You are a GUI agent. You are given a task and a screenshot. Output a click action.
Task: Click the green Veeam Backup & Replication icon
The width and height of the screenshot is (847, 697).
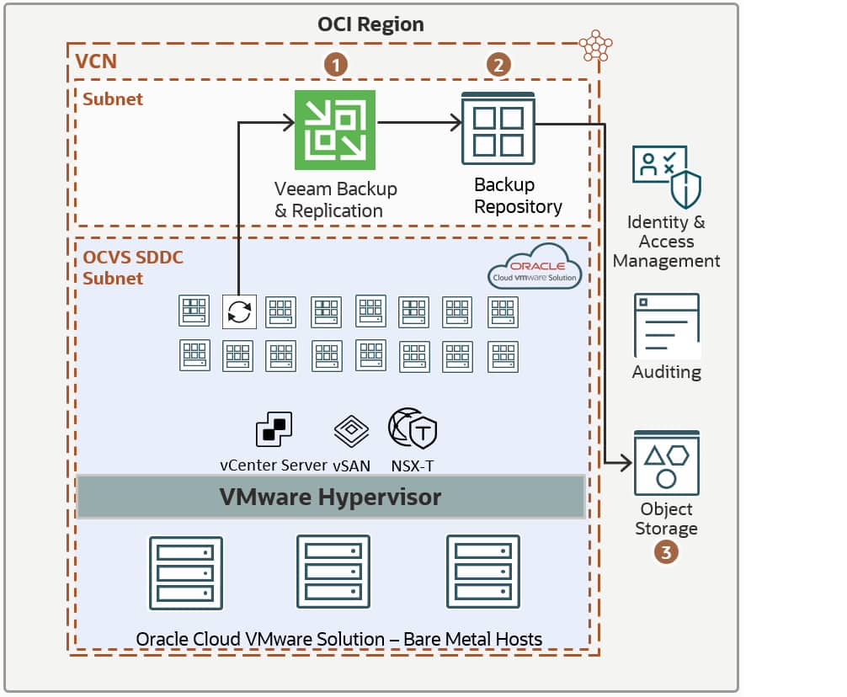point(334,130)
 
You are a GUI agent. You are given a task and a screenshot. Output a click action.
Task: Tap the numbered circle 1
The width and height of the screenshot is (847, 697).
point(336,65)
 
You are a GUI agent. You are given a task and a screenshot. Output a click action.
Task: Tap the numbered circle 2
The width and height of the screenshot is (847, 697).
point(498,65)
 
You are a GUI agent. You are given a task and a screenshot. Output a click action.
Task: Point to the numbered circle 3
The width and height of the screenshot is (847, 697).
point(666,553)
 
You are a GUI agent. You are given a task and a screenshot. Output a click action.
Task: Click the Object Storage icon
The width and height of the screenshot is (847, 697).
point(666,464)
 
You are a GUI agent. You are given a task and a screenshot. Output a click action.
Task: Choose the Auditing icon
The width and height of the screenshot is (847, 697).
point(666,326)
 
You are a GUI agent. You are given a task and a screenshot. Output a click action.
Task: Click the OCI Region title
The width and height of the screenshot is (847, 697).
point(370,24)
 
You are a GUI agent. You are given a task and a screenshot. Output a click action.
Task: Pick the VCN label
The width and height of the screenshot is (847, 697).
point(96,61)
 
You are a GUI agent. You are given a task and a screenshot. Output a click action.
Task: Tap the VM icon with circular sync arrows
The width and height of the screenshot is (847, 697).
point(239,311)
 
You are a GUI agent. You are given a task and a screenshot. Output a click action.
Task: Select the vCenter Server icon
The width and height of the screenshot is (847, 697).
point(273,429)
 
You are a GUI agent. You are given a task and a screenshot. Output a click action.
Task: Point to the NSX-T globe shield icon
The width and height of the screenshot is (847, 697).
point(413,428)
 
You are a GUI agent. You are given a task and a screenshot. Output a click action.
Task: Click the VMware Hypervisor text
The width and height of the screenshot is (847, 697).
point(330,497)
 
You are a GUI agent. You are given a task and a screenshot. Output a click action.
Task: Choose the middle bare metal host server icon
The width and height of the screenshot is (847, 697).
point(333,572)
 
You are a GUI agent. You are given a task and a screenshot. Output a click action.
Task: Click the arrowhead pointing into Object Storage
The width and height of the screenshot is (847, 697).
point(626,462)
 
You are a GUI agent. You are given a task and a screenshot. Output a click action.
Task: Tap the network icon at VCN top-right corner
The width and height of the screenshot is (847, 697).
point(595,46)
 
